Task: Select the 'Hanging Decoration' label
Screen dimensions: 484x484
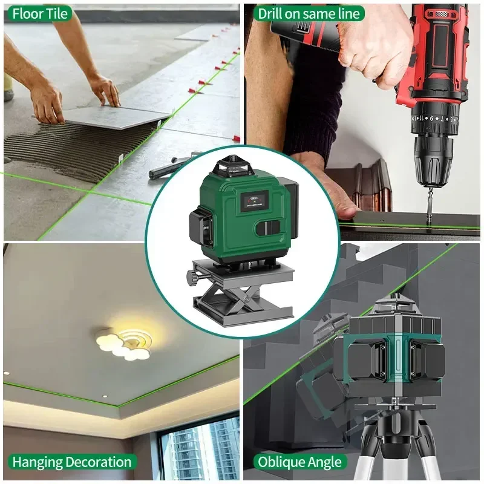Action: pyautogui.click(x=71, y=462)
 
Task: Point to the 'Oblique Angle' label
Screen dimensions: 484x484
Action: pyautogui.click(x=300, y=462)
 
